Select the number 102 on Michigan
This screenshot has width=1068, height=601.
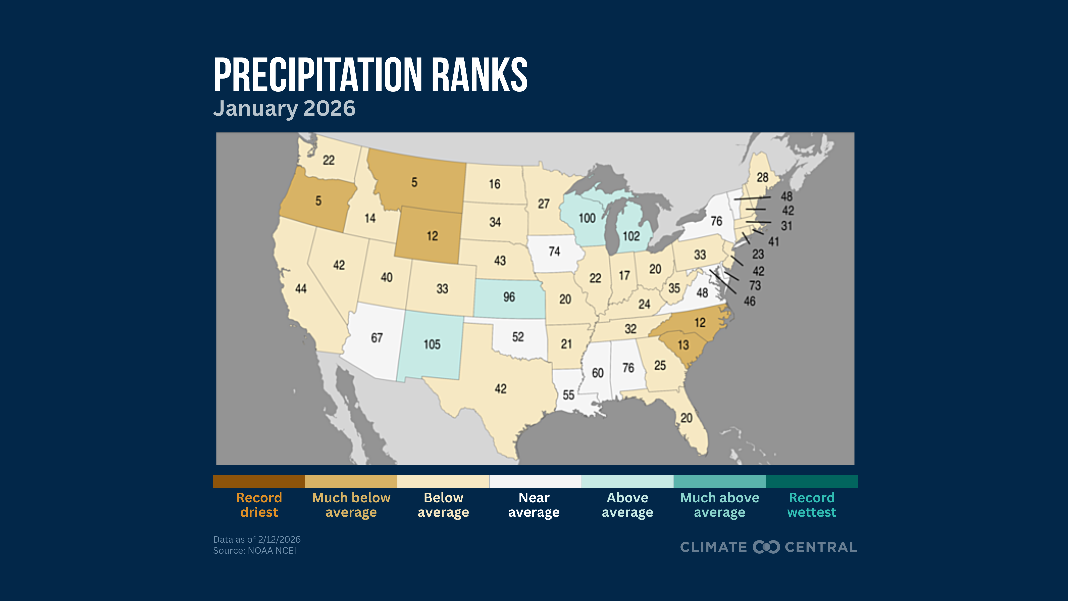click(x=631, y=236)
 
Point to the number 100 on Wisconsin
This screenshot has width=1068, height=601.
click(x=587, y=218)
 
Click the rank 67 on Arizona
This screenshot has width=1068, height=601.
click(x=376, y=338)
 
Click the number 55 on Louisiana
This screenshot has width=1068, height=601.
click(x=568, y=395)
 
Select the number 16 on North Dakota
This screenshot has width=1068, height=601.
click(x=494, y=184)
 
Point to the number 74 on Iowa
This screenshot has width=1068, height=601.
click(x=554, y=251)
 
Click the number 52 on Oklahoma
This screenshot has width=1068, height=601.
click(x=518, y=337)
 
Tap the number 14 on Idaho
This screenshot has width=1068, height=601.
click(x=370, y=218)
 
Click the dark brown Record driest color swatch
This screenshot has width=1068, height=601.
click(x=259, y=482)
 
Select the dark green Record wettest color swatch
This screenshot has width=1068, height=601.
click(x=811, y=482)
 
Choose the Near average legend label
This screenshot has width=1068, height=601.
click(x=534, y=505)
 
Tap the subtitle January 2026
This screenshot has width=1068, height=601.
click(x=284, y=109)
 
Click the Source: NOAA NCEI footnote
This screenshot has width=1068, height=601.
click(x=255, y=551)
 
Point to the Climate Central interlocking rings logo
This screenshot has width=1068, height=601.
click(x=766, y=547)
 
